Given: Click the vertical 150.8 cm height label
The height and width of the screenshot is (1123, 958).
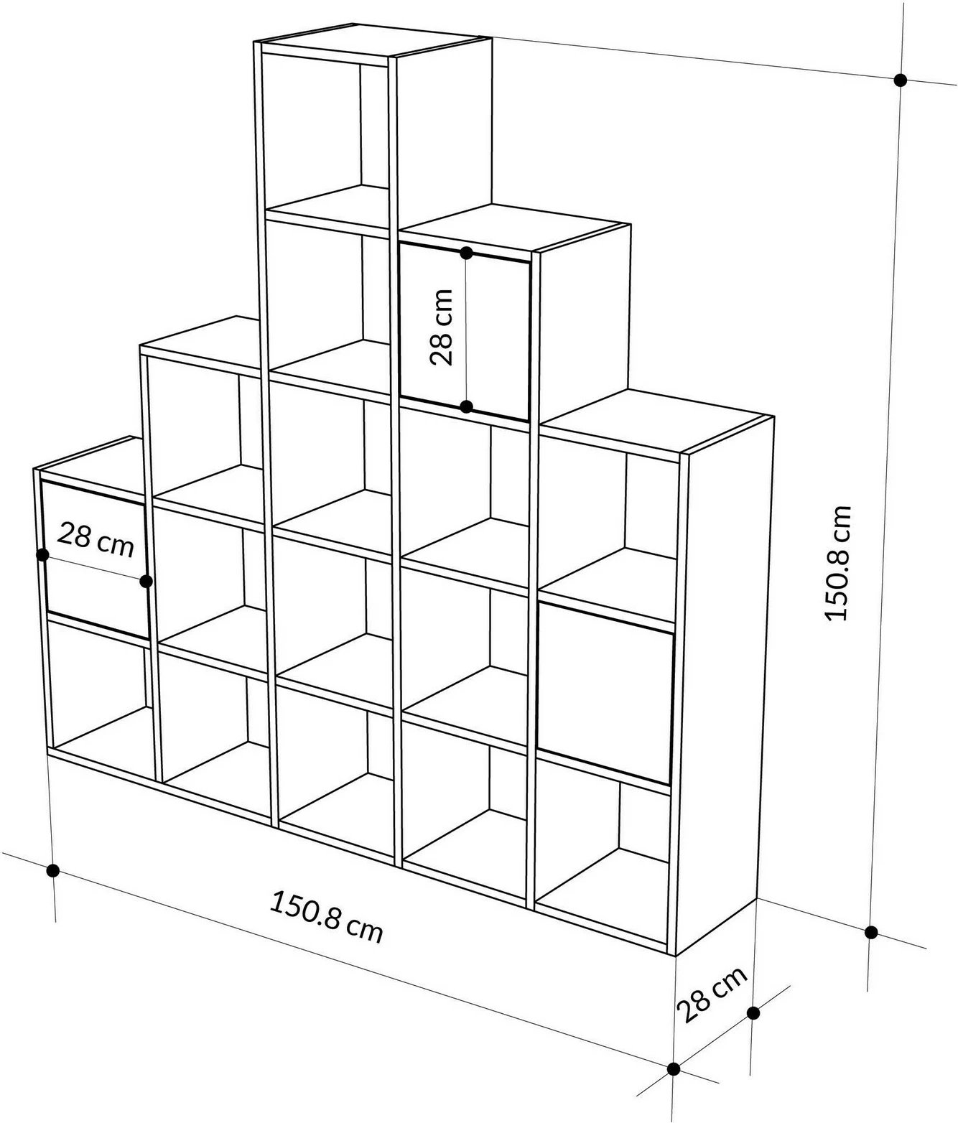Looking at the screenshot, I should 837,562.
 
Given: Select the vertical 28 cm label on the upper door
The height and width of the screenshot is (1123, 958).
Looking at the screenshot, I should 441,327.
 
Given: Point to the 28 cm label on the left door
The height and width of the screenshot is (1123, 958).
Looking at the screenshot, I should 96,539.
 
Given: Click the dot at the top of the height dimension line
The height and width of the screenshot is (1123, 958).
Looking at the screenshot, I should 900,80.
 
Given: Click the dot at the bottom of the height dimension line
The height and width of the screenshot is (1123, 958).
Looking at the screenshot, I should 871,933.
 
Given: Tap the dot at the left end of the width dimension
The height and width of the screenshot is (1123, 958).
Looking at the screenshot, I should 52,870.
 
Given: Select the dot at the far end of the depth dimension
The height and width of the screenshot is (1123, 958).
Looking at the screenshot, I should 753,1013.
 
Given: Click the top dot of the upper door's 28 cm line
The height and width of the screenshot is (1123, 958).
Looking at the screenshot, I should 466,252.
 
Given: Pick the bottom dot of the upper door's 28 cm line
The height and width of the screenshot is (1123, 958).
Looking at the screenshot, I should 466,407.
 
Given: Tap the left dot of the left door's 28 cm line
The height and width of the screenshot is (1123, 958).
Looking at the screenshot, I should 42,554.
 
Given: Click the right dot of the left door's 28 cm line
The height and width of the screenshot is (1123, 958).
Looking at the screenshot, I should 147,581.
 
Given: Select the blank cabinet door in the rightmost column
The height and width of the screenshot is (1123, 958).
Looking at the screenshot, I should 605,693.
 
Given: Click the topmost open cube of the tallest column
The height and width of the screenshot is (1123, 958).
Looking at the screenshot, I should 327,129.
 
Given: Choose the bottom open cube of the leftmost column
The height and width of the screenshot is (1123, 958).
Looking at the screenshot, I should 101,696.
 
